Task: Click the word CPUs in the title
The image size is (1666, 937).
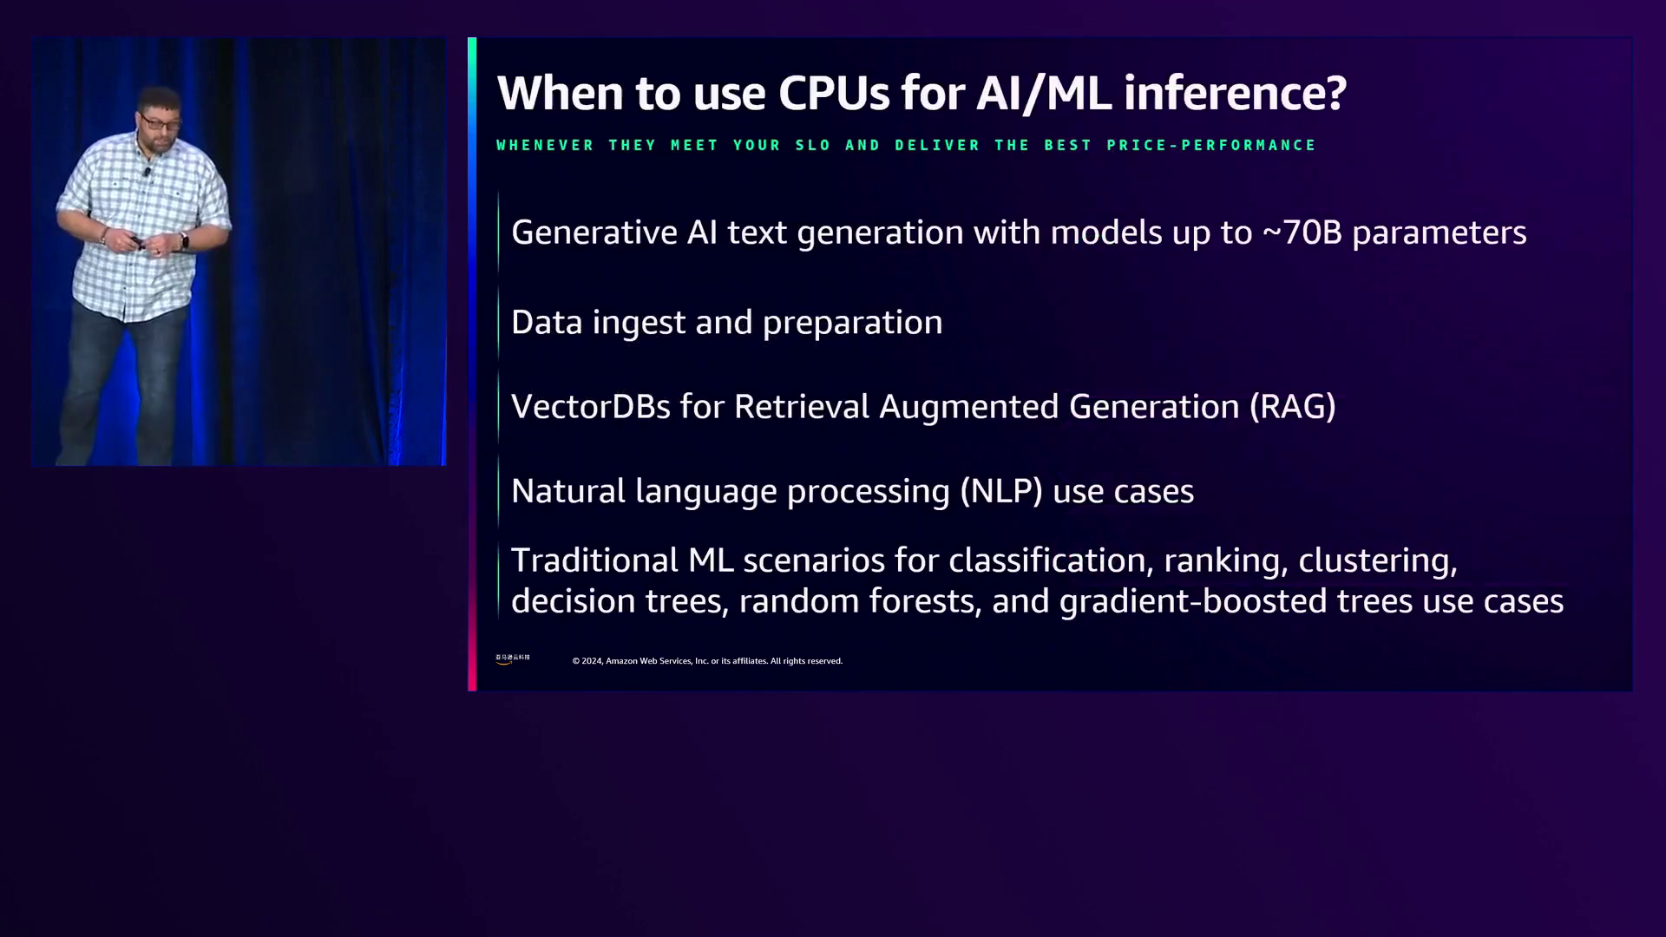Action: click(x=834, y=93)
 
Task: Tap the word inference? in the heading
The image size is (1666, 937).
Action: click(x=1235, y=93)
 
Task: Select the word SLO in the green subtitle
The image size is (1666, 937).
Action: click(x=813, y=145)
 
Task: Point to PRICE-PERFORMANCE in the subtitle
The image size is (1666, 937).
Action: click(x=1211, y=145)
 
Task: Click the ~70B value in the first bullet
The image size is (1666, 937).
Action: click(x=1302, y=233)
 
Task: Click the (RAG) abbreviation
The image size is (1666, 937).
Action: click(x=1293, y=407)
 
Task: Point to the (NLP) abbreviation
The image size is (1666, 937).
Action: click(x=1001, y=491)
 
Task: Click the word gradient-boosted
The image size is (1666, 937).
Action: click(x=1193, y=602)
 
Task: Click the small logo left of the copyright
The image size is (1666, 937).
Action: click(x=513, y=659)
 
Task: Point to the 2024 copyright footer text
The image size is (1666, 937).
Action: click(x=707, y=661)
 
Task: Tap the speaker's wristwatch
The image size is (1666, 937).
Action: click(x=184, y=240)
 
